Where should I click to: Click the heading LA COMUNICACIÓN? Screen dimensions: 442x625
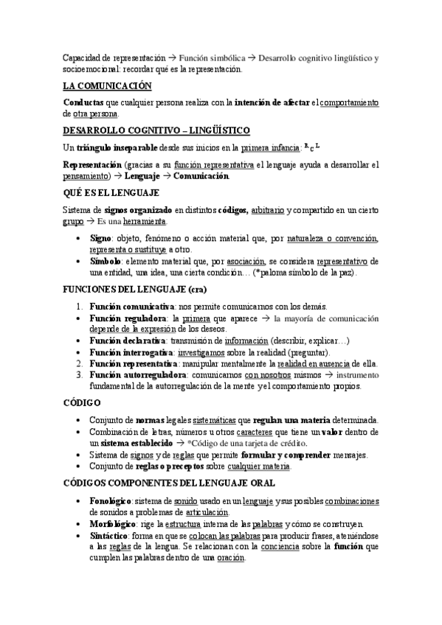[x=107, y=86]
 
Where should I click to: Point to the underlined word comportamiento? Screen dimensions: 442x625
[x=350, y=102]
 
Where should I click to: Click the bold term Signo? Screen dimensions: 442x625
[x=100, y=240]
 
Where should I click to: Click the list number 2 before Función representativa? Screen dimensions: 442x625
[x=80, y=364]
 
